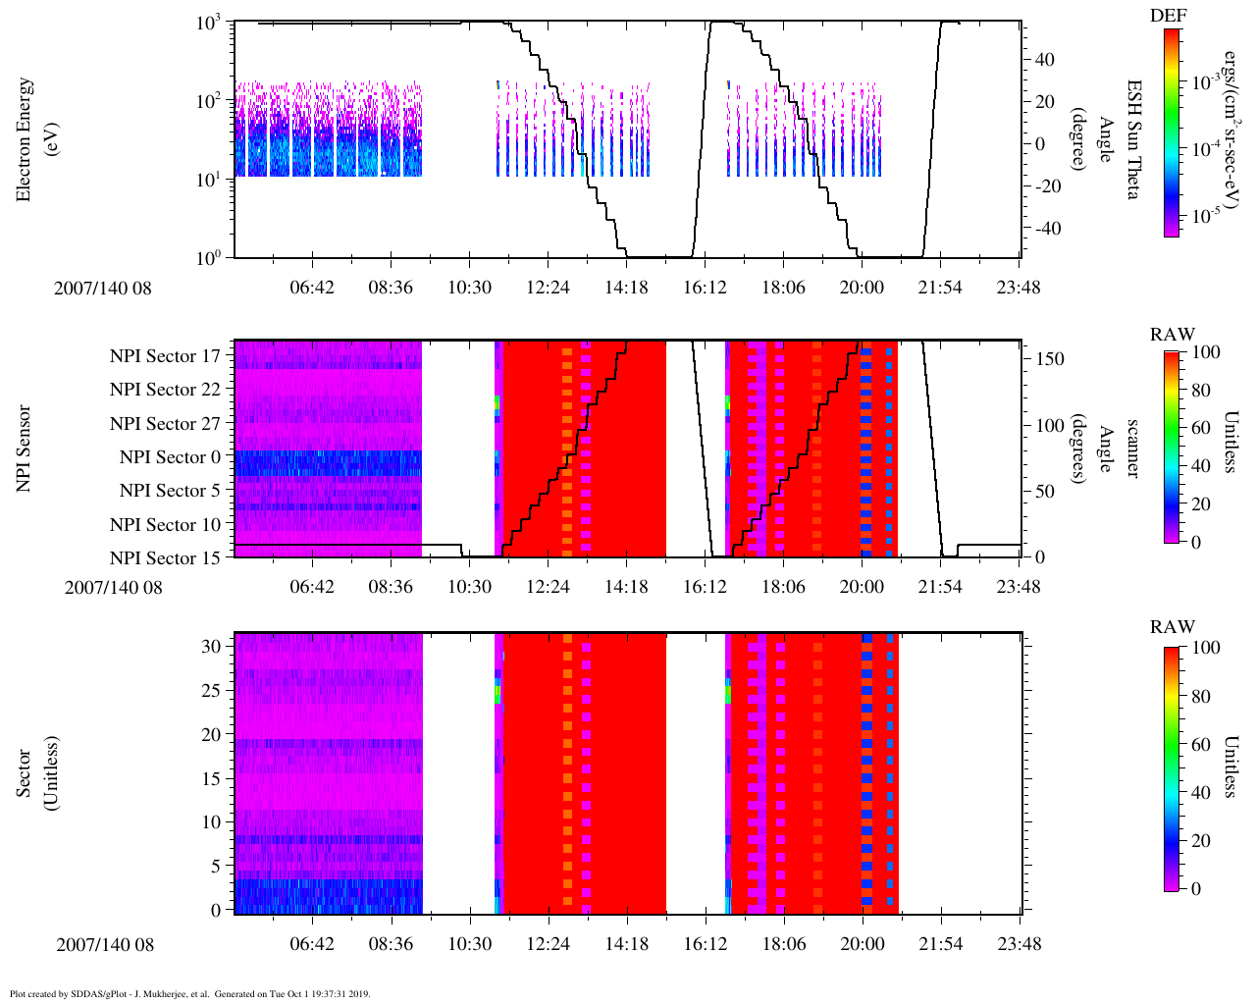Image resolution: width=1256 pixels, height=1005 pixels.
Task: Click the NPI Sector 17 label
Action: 165,356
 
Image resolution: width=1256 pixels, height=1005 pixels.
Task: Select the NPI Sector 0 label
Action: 170,457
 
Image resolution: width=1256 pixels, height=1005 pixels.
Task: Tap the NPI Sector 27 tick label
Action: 165,424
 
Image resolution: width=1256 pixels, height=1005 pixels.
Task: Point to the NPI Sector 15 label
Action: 165,558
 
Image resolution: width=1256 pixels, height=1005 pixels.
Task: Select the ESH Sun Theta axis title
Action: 1131,139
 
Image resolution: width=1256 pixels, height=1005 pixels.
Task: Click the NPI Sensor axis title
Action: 24,449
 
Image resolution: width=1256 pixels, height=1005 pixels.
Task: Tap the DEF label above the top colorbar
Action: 1168,16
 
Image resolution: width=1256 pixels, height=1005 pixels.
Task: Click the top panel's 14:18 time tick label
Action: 626,288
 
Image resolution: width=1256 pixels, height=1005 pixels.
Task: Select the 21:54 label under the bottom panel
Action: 940,944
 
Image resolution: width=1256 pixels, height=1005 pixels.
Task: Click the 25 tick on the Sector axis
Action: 211,691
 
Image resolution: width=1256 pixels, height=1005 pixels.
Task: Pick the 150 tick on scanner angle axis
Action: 1050,359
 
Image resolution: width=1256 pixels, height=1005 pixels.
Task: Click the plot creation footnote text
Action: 189,993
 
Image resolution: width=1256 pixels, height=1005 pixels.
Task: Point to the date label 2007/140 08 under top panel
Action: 102,289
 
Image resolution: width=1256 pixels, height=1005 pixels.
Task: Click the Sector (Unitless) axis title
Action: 33,773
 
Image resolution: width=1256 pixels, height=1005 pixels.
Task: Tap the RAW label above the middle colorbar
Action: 1173,335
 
